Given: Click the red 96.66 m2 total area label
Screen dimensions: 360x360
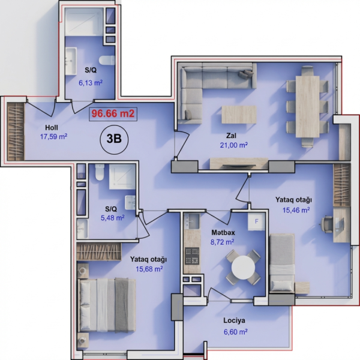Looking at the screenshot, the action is pyautogui.click(x=113, y=114).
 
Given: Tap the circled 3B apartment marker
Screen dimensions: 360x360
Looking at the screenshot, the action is pyautogui.click(x=114, y=139).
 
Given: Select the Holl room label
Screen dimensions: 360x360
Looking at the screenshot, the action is pyautogui.click(x=52, y=128).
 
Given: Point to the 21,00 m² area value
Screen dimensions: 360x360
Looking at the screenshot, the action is pyautogui.click(x=234, y=145).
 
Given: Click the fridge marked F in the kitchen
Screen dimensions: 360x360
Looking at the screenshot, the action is pyautogui.click(x=256, y=221).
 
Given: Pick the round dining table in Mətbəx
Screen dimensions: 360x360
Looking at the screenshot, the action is pyautogui.click(x=243, y=267).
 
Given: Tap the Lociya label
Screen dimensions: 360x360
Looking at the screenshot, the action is pyautogui.click(x=234, y=320).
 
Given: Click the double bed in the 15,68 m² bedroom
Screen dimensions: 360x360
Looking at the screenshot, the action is pyautogui.click(x=107, y=305).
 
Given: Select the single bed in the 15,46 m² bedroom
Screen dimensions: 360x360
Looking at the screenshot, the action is pyautogui.click(x=282, y=263).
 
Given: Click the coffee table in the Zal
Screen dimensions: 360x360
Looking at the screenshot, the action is pyautogui.click(x=239, y=115).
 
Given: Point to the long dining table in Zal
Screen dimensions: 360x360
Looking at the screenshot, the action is pyautogui.click(x=307, y=107).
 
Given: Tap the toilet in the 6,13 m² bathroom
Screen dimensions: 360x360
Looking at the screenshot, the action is pyautogui.click(x=107, y=61).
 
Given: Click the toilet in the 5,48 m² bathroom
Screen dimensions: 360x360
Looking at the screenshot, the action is pyautogui.click(x=100, y=172).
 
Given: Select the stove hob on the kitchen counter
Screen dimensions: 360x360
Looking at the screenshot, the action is pyautogui.click(x=192, y=256).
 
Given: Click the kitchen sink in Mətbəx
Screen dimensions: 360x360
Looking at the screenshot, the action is pyautogui.click(x=192, y=221).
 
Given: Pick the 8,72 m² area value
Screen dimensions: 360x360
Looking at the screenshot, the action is pyautogui.click(x=222, y=242).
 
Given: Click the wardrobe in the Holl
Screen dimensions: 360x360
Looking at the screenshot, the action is pyautogui.click(x=16, y=131).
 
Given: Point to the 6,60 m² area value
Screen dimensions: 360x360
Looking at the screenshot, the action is pyautogui.click(x=235, y=332).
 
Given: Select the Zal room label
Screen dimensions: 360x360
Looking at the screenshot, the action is pyautogui.click(x=231, y=136).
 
